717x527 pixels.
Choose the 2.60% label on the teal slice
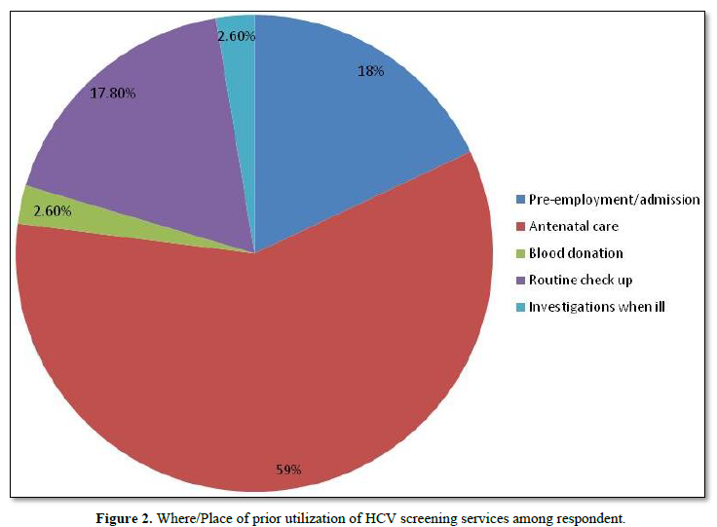point(236,36)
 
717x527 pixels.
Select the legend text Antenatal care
point(575,226)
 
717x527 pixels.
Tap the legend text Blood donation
point(577,253)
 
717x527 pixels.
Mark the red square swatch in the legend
point(521,227)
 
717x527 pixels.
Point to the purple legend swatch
point(521,281)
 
